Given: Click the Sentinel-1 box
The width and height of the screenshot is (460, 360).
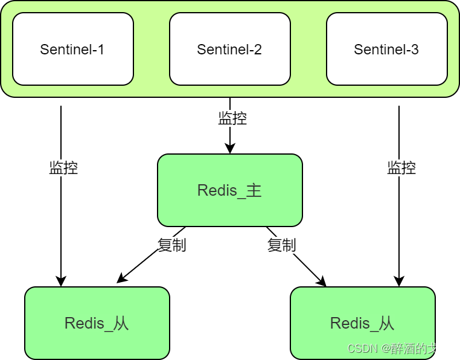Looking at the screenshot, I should pyautogui.click(x=72, y=49).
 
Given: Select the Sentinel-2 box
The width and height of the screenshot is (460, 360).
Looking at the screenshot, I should pyautogui.click(x=229, y=49).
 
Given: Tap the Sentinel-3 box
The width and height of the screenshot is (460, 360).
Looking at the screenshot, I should pyautogui.click(x=386, y=49).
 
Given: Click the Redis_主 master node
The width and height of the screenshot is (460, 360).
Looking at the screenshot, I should pyautogui.click(x=229, y=190).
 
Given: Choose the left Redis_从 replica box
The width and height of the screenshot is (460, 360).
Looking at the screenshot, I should pyautogui.click(x=97, y=323).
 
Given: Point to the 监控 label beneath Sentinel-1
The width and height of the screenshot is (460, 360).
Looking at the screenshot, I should pyautogui.click(x=64, y=167).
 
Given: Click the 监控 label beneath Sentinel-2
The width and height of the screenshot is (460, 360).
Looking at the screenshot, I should pyautogui.click(x=232, y=118).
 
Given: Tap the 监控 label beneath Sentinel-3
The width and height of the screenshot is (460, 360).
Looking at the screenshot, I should pyautogui.click(x=402, y=167).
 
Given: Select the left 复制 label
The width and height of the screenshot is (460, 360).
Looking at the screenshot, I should pyautogui.click(x=172, y=245).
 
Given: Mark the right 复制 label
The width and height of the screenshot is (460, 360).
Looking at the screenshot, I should pyautogui.click(x=282, y=245).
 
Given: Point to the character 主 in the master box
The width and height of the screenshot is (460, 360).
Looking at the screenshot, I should pyautogui.click(x=254, y=190).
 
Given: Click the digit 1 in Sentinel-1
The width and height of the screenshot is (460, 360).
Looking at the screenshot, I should pyautogui.click(x=101, y=50).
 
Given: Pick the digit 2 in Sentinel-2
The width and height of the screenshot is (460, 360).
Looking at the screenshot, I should pyautogui.click(x=258, y=50).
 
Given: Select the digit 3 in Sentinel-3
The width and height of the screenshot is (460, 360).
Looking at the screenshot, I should pyautogui.click(x=415, y=50).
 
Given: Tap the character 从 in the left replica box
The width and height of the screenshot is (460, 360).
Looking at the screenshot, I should pyautogui.click(x=121, y=323).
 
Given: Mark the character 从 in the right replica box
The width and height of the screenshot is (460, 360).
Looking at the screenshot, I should pyautogui.click(x=386, y=323).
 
